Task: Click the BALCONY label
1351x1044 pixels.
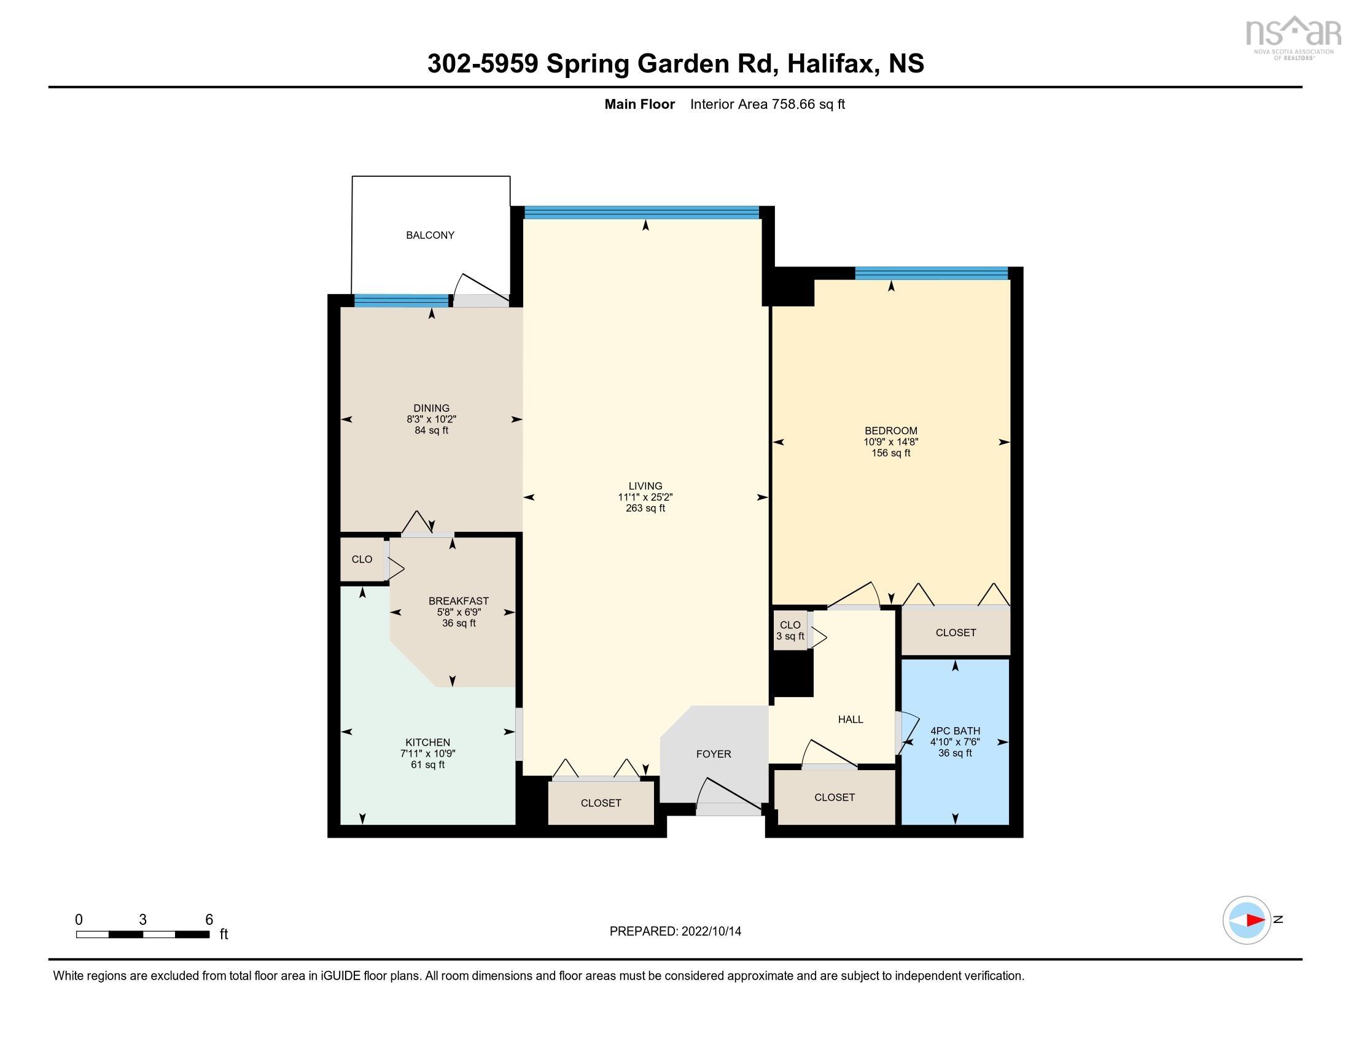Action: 430,235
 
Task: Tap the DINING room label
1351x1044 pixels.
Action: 431,408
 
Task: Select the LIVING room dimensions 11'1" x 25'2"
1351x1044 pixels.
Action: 645,497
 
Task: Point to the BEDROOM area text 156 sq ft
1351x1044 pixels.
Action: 891,453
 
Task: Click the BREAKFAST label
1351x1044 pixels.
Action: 458,601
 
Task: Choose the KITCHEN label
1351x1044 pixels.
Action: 427,743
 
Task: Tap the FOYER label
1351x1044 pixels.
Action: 713,754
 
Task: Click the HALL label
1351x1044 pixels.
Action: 851,719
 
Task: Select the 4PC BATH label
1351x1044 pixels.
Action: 955,731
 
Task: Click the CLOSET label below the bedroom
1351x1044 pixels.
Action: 956,633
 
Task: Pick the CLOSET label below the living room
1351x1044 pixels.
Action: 601,803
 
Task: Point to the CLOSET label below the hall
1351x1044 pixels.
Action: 835,797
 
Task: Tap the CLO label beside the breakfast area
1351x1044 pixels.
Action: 362,559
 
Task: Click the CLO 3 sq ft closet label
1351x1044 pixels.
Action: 790,631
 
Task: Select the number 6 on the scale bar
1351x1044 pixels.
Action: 209,920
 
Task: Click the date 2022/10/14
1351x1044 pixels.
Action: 711,932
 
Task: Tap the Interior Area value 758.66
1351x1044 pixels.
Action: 793,104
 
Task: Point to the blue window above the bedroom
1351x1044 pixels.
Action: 932,273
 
